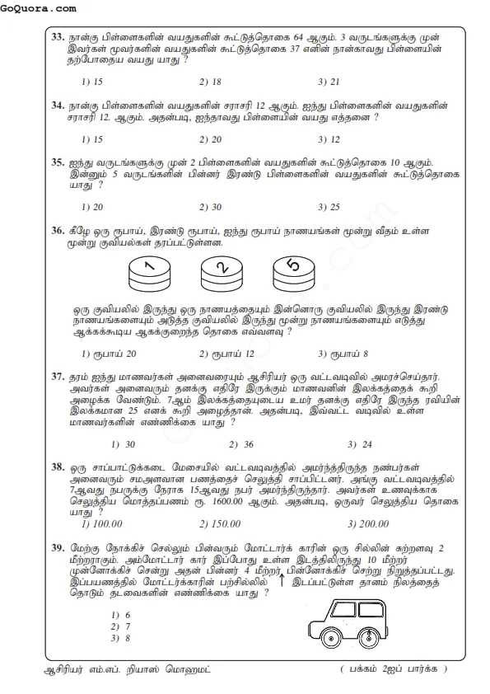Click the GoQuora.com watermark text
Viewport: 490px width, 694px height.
pos(40,8)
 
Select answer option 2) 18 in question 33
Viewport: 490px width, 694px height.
pos(210,82)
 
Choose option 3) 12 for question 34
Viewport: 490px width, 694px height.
pos(329,139)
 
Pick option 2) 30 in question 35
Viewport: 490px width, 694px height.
pos(210,207)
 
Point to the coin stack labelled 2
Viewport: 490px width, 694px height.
pos(220,270)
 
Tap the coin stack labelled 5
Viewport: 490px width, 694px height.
pos(292,268)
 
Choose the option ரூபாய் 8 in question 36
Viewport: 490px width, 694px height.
pos(343,354)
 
